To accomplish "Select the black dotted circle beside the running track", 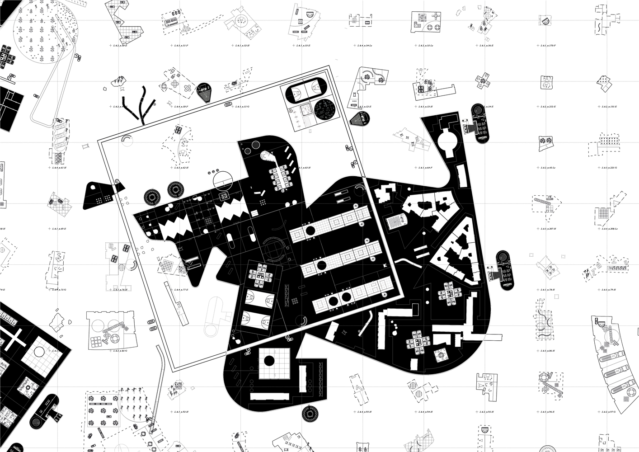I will pos(324,109).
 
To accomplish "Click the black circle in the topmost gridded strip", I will pos(310,231).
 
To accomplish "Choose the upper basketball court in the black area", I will pos(257,298).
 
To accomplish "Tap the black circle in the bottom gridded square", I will pos(270,361).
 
